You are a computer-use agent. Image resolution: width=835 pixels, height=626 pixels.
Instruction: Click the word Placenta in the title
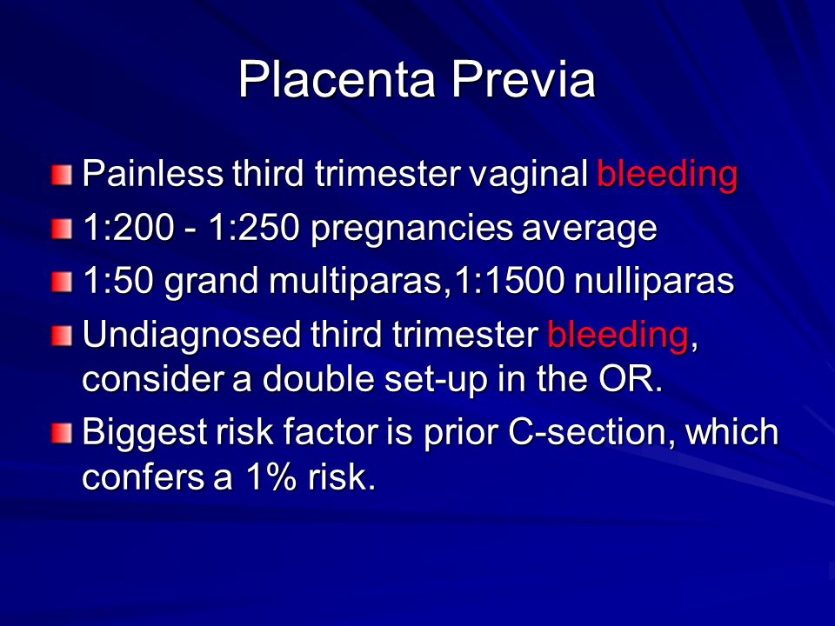pos(337,79)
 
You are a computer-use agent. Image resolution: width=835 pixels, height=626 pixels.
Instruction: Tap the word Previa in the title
pos(524,79)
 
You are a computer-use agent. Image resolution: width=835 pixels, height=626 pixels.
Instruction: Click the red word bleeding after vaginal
pos(667,175)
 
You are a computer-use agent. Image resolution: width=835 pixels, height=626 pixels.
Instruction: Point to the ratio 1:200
pos(129,227)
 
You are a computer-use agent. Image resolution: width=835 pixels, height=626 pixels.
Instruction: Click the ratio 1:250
pos(253,227)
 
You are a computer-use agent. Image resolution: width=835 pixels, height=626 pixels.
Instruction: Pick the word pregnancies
pos(411,230)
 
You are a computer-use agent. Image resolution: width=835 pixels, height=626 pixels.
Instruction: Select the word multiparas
pos(356,282)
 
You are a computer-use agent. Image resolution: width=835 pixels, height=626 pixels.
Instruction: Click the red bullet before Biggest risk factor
pos(62,433)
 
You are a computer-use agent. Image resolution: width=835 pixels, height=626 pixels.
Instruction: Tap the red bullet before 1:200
pos(62,230)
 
